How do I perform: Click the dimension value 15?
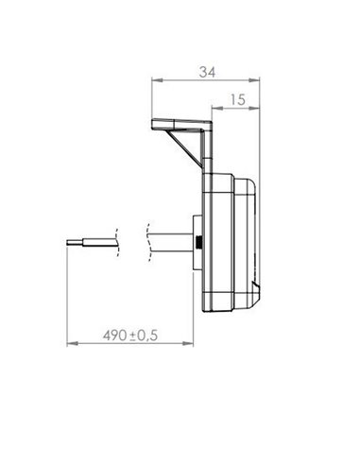236,97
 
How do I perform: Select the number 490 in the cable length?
115,336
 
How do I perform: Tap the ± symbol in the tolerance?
135,336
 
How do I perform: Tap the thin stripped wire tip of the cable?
74,242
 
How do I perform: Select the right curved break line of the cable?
150,242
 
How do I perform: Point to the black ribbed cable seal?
200,243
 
